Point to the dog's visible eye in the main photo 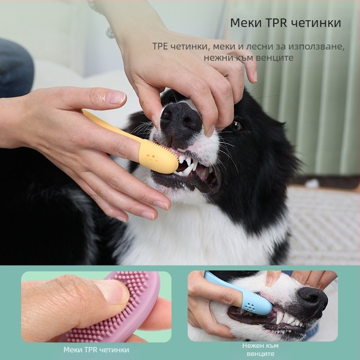click(237, 125)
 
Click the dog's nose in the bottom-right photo click(313, 299)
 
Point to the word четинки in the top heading click(315, 23)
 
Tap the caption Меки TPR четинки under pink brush click(96, 350)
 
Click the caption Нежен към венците click(261, 350)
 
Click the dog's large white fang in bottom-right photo click(279, 318)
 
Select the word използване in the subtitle click(316, 47)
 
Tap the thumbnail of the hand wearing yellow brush click(117, 97)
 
